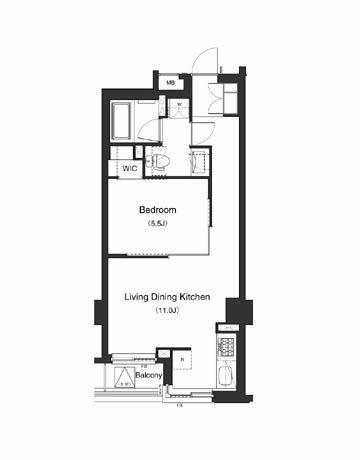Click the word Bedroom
(157, 211)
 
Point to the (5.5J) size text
(157, 225)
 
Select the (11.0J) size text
(166, 313)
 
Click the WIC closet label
(130, 168)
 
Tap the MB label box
(171, 82)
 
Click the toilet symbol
(158, 160)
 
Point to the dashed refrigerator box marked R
(184, 360)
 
